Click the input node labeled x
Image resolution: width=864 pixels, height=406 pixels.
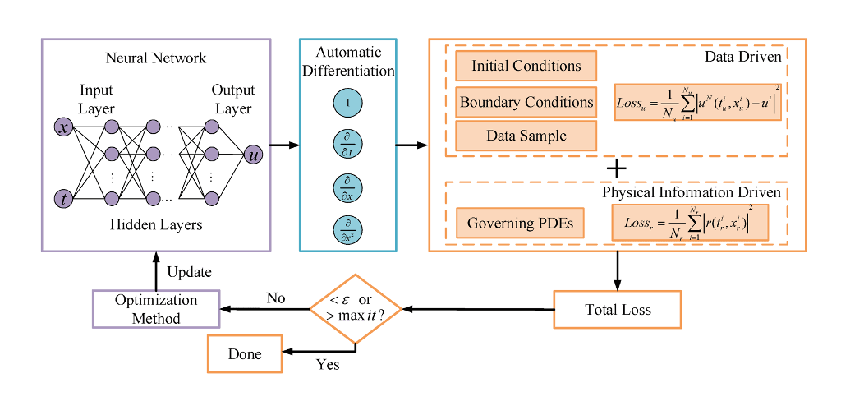point(63,127)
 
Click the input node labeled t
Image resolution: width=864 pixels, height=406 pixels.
point(63,198)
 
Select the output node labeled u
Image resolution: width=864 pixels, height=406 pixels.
point(253,153)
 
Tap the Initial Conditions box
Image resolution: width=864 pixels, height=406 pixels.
point(526,67)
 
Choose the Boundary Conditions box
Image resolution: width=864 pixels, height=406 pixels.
point(526,103)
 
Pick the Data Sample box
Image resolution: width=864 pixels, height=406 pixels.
point(526,136)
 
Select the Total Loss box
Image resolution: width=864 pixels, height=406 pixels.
point(618,311)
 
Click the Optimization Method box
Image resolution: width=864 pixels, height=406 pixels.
point(155,310)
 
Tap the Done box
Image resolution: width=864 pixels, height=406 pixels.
point(244,354)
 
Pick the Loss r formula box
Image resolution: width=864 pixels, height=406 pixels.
point(690,223)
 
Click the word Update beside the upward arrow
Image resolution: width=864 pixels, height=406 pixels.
point(190,272)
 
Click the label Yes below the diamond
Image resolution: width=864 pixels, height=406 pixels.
point(328,363)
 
